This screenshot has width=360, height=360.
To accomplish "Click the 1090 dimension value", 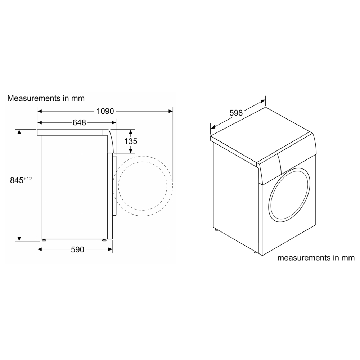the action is point(105,111).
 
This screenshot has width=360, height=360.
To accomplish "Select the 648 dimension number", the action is point(79,123).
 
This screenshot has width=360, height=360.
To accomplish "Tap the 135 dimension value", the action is point(131,141).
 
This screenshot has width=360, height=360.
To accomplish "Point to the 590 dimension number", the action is point(77,249).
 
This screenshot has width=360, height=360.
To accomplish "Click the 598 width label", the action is point(236,113).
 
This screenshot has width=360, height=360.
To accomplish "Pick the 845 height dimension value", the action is point(17,180).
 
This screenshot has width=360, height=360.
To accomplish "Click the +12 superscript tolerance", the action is point(28,179).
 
